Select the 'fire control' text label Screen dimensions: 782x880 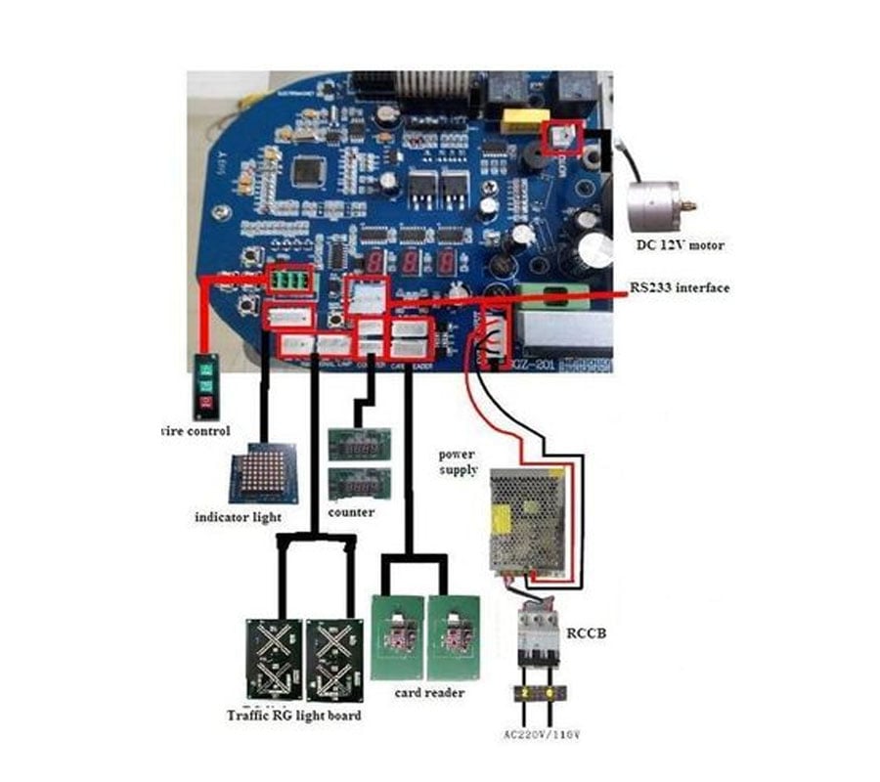pos(195,430)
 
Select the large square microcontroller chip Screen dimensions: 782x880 pos(308,171)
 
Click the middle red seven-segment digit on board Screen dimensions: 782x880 pos(412,262)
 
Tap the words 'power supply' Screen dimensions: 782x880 pos(458,461)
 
